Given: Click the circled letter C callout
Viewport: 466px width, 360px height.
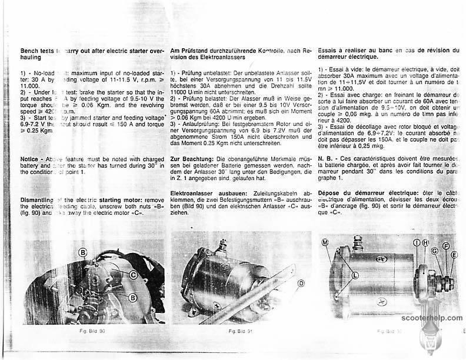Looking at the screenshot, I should [134, 275].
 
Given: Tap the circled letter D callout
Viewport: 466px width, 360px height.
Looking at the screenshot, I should [301, 284].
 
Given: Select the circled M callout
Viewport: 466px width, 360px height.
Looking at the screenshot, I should [325, 242].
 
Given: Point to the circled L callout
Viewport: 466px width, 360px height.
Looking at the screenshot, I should [355, 275].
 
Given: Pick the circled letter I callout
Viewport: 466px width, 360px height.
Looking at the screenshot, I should [417, 242].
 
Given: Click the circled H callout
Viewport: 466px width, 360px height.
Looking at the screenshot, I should [425, 242].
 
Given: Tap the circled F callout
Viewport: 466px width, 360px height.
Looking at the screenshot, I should [446, 246].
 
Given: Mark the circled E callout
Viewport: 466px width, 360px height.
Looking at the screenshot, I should [454, 255].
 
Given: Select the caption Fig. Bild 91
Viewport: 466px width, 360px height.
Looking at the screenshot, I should [241, 332].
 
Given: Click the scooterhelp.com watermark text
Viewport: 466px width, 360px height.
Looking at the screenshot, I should [432, 318].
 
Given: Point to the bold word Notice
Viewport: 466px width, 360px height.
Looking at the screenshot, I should [29, 159].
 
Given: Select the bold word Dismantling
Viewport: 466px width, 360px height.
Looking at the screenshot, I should [37, 201].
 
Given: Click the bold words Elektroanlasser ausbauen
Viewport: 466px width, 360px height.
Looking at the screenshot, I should [203, 193].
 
